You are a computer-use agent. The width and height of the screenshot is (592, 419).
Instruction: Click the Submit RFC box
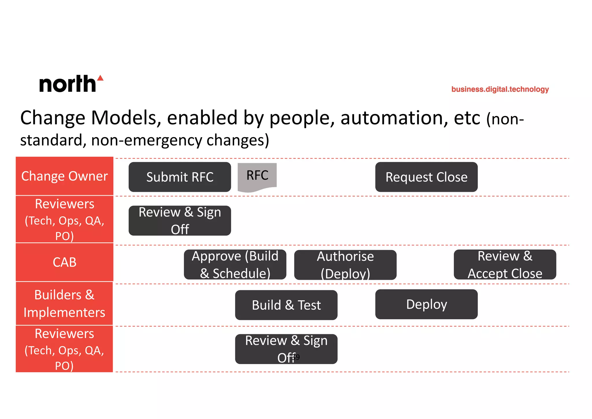(x=180, y=177)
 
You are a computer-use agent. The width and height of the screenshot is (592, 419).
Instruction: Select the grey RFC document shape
(x=257, y=177)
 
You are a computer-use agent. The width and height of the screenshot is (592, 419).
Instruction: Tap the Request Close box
(x=426, y=177)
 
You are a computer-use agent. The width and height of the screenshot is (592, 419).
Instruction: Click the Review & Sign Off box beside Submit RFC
(x=180, y=220)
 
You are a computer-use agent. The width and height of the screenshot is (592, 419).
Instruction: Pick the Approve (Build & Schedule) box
(x=235, y=264)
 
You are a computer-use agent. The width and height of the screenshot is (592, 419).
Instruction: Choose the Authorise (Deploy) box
(x=345, y=265)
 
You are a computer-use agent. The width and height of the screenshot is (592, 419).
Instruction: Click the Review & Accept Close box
(x=505, y=264)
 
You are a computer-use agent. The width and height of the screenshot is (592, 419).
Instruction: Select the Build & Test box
(x=286, y=305)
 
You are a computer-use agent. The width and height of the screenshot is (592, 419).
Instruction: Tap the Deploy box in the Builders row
(x=426, y=304)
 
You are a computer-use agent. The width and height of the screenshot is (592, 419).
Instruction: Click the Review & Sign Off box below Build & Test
(x=286, y=349)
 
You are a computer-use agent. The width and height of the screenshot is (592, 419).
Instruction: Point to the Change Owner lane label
(x=64, y=176)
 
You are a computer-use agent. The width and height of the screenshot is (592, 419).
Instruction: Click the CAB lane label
(x=64, y=262)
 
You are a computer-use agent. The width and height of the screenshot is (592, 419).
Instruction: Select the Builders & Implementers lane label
(x=64, y=304)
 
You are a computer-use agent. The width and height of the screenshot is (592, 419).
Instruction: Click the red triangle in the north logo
(x=100, y=78)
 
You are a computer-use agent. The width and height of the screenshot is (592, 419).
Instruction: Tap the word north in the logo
(x=67, y=84)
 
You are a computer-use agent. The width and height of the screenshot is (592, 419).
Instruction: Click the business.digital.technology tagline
(x=500, y=89)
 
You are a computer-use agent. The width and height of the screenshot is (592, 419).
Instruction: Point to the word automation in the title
(x=394, y=118)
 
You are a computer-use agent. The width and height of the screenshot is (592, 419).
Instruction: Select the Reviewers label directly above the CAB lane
(x=64, y=219)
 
